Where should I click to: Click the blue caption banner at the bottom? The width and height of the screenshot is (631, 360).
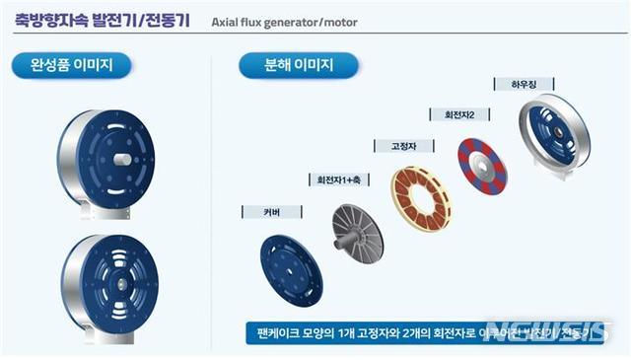(424, 333)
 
